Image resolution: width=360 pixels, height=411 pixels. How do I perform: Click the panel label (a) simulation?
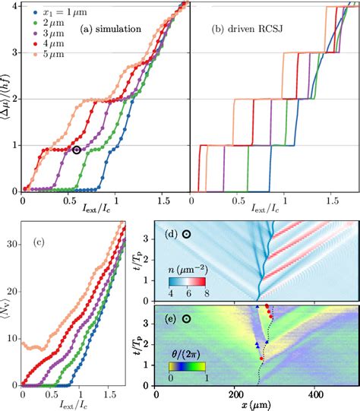(x=109, y=30)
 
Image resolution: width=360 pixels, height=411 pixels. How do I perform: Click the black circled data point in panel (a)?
(x=76, y=150)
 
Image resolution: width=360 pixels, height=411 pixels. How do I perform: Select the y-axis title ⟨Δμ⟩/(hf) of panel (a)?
(x=7, y=98)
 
